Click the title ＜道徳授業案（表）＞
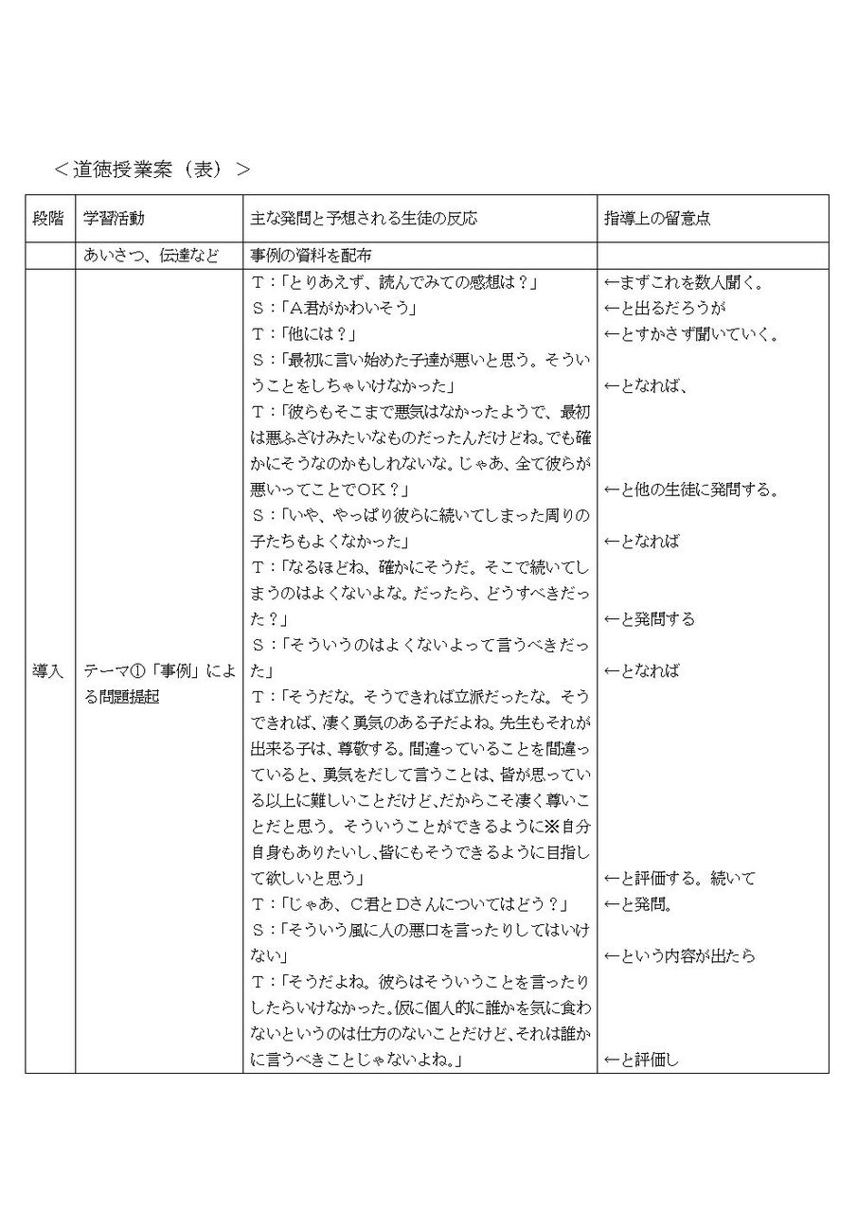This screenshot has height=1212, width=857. (x=152, y=169)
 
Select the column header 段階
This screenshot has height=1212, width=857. (x=49, y=218)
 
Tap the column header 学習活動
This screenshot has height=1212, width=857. (x=114, y=218)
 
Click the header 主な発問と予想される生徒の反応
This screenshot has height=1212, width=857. (x=364, y=218)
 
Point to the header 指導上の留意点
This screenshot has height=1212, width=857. (x=657, y=218)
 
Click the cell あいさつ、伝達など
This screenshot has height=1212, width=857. (x=151, y=256)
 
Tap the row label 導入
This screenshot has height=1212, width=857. (x=49, y=670)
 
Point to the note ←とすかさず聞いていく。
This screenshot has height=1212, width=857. (x=690, y=334)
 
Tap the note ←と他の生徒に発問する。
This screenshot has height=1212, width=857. (x=690, y=490)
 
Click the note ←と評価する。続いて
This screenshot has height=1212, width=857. (x=679, y=879)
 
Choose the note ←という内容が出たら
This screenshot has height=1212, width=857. (x=679, y=956)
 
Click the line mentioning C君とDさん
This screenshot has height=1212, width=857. (x=416, y=904)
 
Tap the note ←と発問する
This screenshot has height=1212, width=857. (x=649, y=619)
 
